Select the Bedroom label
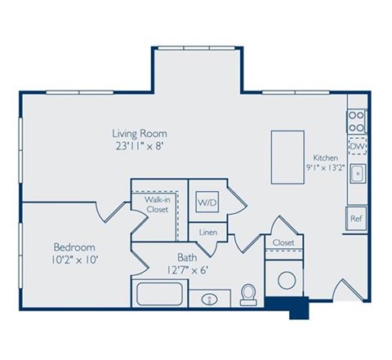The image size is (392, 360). click(x=74, y=247)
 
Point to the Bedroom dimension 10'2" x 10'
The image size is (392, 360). click(x=74, y=261)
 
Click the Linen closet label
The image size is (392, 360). click(x=207, y=233)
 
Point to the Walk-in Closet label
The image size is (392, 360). click(x=157, y=204)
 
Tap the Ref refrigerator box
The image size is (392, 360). click(x=356, y=219)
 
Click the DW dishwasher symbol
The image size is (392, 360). click(x=357, y=147)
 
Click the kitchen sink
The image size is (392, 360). click(x=357, y=174)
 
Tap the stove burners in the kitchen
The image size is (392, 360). click(x=357, y=121)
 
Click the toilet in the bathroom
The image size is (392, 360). click(x=249, y=294)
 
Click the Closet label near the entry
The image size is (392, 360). click(x=283, y=242)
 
